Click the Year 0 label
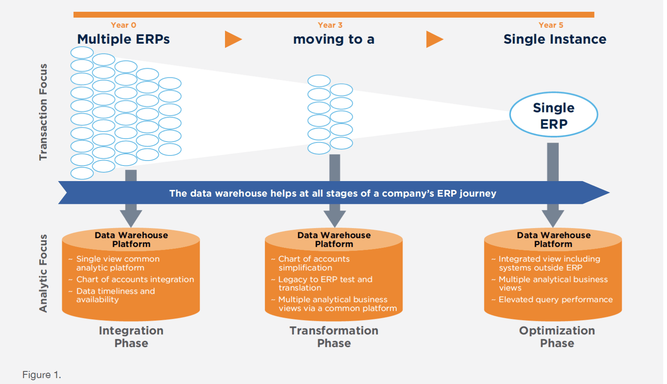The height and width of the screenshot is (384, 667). pos(123,25)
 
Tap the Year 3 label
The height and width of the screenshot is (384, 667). pos(330,25)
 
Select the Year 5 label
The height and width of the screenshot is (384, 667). pos(551,25)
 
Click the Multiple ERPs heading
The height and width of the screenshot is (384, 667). pos(123,39)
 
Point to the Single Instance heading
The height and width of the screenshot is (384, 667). pos(555,39)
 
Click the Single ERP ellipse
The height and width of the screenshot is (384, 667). pos(553,115)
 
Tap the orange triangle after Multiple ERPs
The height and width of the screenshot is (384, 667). pos(232,39)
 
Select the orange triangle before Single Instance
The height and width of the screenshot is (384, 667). pos(434,39)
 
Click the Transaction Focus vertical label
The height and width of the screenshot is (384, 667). pos(43,112)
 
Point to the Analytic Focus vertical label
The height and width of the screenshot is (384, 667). pos(43,273)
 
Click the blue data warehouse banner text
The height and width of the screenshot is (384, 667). pos(332,193)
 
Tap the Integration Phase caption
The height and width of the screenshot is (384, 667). pos(131,337)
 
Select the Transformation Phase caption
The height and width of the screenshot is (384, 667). pos(334,337)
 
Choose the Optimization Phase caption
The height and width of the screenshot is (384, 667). pos(557,337)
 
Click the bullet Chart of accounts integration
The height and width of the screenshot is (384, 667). pos(135,279)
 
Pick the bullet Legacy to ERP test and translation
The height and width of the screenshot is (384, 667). pos(325,284)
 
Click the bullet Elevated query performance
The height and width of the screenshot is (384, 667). pos(555,300)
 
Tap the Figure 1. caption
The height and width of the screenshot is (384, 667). pos(42,375)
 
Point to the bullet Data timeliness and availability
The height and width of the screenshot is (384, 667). pos(115,295)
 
